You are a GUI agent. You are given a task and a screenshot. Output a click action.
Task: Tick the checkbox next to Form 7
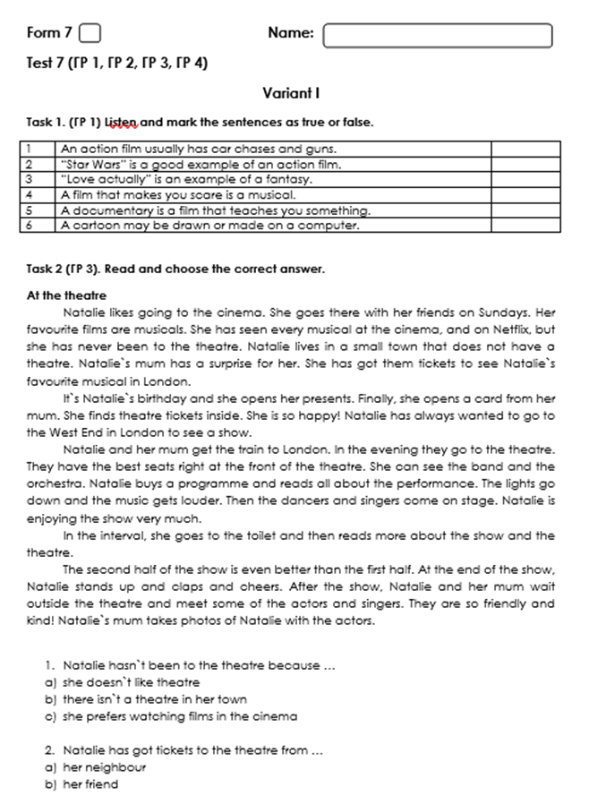[x=90, y=34]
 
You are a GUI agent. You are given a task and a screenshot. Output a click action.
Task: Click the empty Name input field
[x=438, y=35]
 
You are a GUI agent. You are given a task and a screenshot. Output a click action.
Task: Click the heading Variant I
[x=292, y=92]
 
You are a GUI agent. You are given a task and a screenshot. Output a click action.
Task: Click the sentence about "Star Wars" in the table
[x=201, y=165]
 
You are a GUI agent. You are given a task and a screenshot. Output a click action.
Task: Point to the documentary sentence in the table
[x=215, y=210]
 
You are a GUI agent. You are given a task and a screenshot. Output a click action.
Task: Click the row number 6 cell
[x=30, y=225]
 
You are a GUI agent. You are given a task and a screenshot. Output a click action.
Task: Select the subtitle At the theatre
[x=66, y=295]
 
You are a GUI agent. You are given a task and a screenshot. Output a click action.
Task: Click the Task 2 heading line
[x=175, y=269]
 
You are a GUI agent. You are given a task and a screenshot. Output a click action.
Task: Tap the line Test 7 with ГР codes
[x=117, y=64]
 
